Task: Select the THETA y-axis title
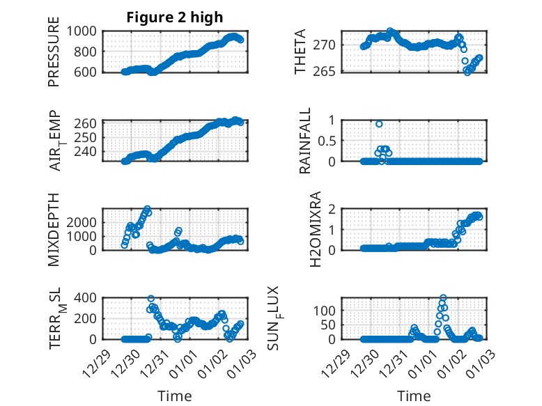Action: point(300,52)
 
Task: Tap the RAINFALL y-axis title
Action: point(304,141)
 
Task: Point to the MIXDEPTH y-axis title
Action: point(54,228)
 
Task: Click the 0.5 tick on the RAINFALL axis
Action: point(327,140)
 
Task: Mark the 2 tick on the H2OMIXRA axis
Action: point(333,209)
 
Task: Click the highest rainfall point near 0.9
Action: point(379,124)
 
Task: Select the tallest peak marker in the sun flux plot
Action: point(443,298)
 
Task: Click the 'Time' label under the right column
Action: point(413,396)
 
